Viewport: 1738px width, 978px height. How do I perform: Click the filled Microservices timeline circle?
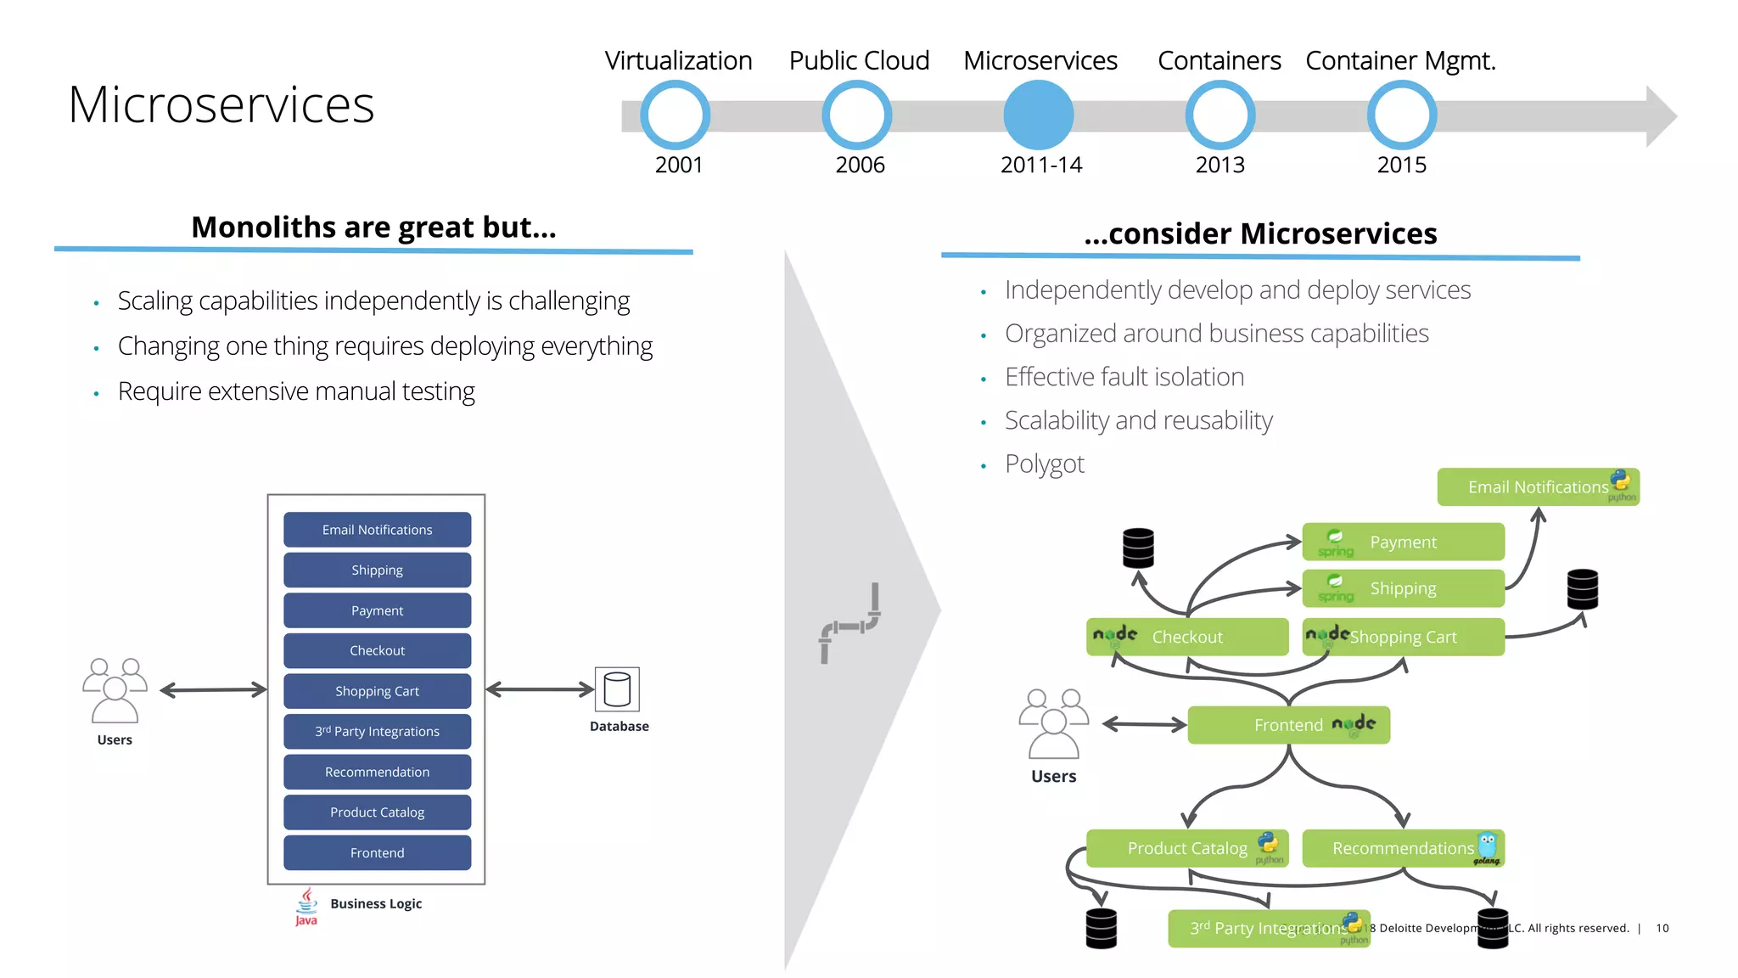click(1038, 115)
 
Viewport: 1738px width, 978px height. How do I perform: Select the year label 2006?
click(859, 165)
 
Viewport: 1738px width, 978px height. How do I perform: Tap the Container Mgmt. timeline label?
click(1399, 60)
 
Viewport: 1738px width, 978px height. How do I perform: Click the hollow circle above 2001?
click(675, 115)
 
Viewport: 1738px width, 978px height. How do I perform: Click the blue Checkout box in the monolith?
click(377, 650)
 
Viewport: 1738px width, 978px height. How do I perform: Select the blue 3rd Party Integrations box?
click(377, 731)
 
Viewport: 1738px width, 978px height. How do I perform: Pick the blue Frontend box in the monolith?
click(377, 852)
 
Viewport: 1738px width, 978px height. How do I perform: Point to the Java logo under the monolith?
click(306, 906)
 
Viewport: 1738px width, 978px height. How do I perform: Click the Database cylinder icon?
click(617, 689)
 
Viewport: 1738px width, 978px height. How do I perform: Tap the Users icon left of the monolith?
click(115, 689)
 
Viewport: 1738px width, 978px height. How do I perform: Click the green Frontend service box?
click(1287, 725)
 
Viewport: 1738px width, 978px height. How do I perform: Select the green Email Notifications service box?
click(1537, 487)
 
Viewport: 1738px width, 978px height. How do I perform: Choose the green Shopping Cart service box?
click(1403, 637)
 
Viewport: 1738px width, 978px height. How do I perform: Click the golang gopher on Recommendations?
click(1487, 846)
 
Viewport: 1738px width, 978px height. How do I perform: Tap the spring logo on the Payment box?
click(1335, 542)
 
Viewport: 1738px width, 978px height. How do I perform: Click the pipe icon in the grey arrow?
click(849, 623)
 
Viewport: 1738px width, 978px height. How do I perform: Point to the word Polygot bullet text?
click(1044, 464)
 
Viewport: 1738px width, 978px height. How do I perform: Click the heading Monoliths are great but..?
click(373, 228)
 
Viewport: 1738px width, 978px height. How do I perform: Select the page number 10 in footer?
click(1662, 928)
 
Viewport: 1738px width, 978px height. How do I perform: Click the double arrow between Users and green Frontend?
click(1143, 724)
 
